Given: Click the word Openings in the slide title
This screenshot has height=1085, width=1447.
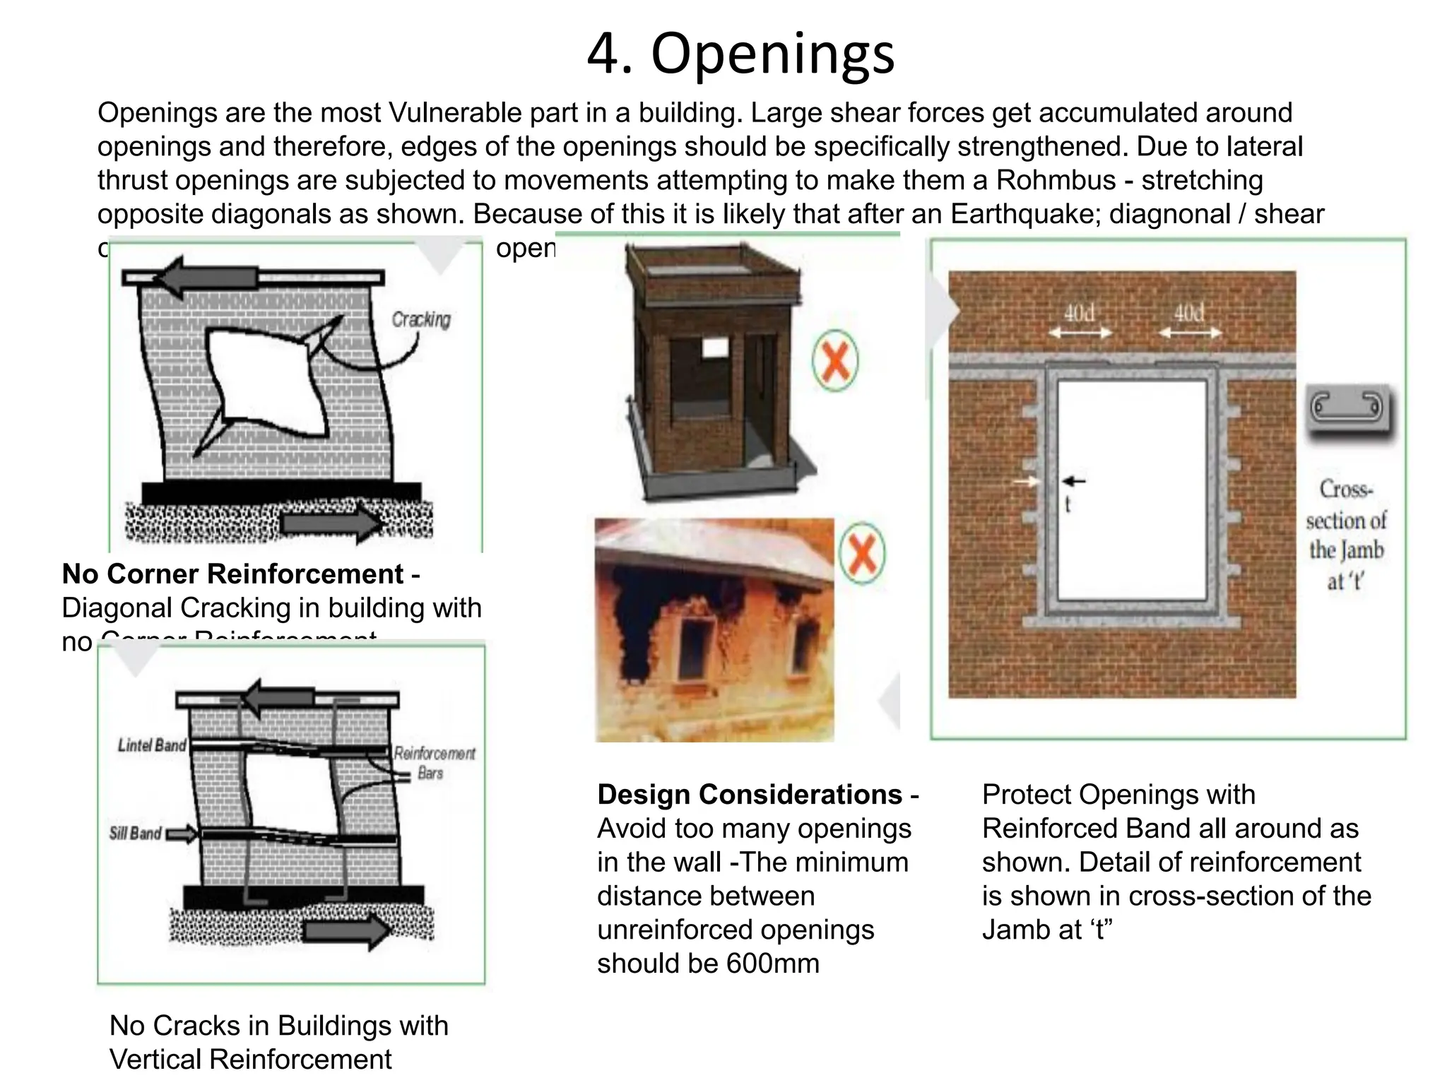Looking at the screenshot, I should [x=772, y=54].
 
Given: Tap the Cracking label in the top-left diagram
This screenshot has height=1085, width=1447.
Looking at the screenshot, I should [x=421, y=319].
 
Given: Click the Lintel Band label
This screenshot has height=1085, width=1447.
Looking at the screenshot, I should [x=152, y=745].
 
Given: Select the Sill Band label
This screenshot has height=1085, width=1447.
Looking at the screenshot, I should [x=136, y=834].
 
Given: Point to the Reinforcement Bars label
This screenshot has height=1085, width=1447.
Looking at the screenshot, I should [x=434, y=762].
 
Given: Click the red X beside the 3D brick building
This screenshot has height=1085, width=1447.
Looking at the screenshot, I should [x=835, y=361].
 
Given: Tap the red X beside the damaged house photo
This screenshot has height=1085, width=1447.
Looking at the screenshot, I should [x=861, y=553].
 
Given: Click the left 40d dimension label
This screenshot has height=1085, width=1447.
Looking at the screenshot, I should [x=1079, y=313].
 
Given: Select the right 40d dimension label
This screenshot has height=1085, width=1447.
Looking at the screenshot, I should [x=1188, y=313].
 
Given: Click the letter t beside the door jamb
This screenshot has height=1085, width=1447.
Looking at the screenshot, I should [x=1068, y=504].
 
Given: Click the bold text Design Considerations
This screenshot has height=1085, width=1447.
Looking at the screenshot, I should [x=750, y=795].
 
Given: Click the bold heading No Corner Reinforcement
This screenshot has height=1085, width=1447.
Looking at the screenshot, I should [x=232, y=574].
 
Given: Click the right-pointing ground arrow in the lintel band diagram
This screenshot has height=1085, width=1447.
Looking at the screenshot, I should [x=346, y=930].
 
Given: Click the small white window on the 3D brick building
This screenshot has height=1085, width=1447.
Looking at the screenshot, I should [x=714, y=347].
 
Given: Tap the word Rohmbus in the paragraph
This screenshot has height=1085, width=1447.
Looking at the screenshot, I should [x=1056, y=180].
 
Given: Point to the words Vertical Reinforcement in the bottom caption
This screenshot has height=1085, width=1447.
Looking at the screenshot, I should [x=250, y=1060].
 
